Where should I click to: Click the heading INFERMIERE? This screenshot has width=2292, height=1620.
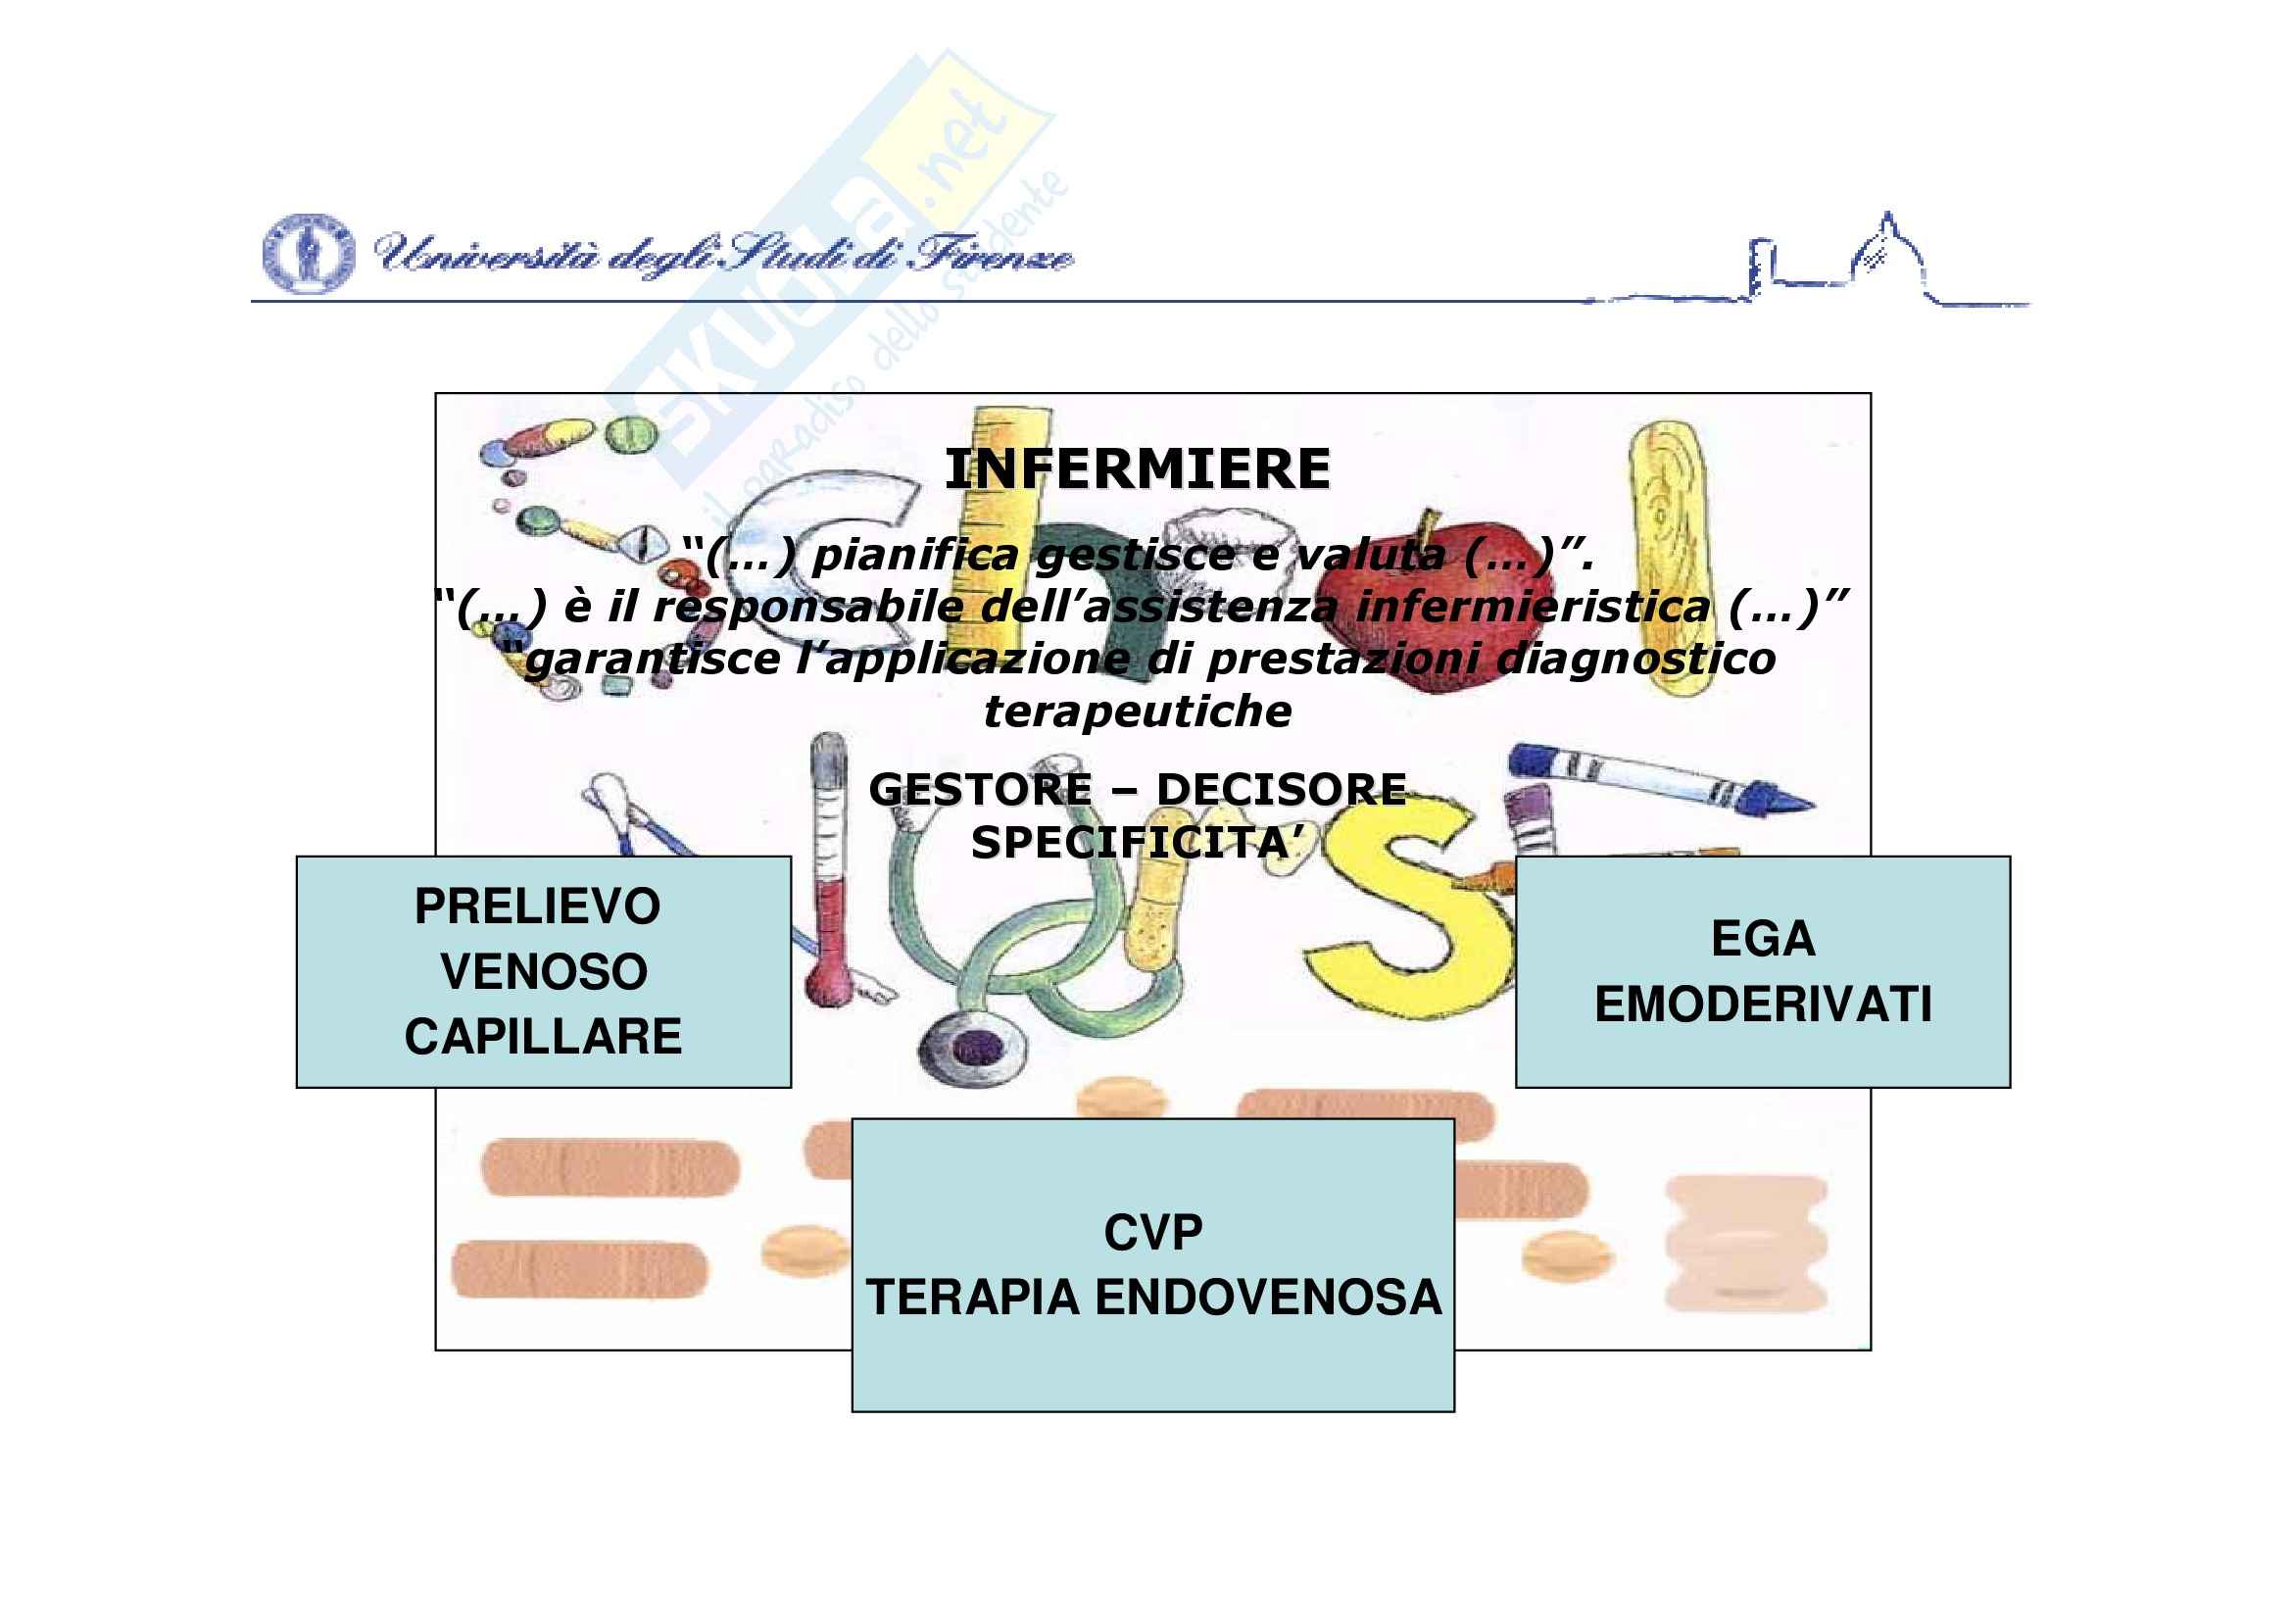click(1137, 469)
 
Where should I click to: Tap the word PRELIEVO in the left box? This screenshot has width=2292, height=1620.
click(537, 907)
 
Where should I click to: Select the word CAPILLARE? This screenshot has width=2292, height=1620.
click(543, 1036)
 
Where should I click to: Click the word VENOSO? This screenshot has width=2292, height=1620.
click(544, 971)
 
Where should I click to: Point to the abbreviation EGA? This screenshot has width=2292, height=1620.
click(1763, 938)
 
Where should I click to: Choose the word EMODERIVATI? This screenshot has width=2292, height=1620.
click(1763, 1005)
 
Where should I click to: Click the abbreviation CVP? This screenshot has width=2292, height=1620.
click(1153, 1233)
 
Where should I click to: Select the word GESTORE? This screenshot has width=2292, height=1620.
click(980, 790)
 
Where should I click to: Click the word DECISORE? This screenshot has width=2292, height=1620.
click(1282, 790)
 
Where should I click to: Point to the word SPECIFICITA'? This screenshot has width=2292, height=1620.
click(1137, 843)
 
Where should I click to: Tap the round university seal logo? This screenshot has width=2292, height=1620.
click(308, 254)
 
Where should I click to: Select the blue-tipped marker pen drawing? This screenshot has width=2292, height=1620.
click(1660, 776)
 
